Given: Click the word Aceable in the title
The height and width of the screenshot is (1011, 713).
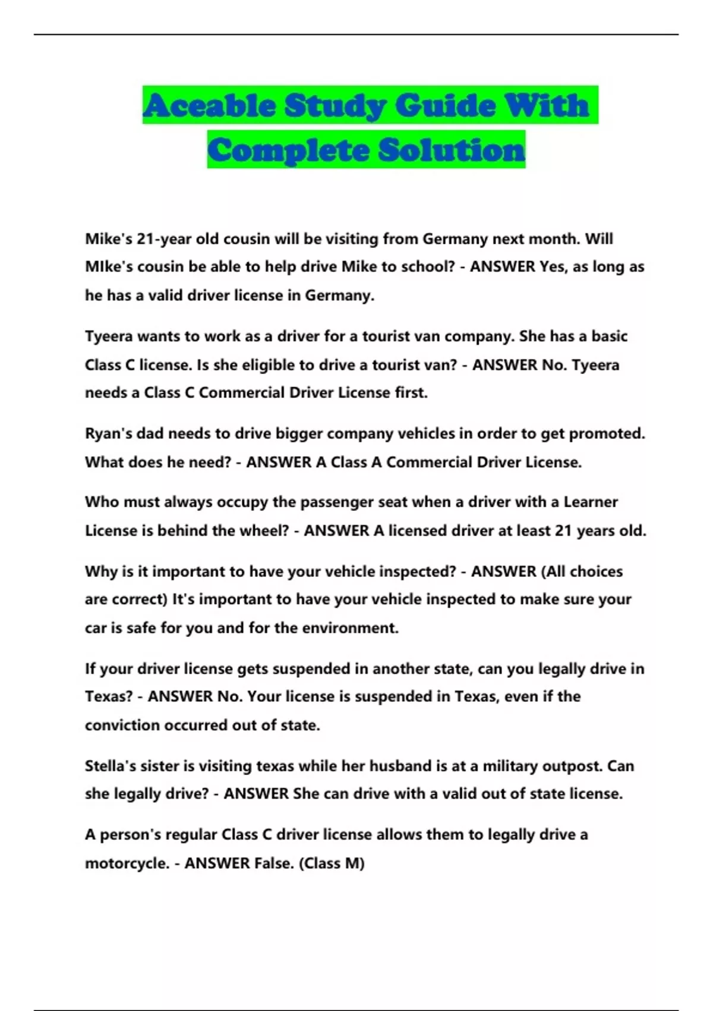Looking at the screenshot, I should click(x=209, y=106).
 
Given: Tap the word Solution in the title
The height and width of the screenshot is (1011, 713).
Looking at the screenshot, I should click(x=452, y=150).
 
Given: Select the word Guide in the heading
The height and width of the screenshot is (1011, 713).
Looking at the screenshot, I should click(x=444, y=106).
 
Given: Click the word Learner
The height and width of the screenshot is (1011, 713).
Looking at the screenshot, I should click(x=591, y=502).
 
